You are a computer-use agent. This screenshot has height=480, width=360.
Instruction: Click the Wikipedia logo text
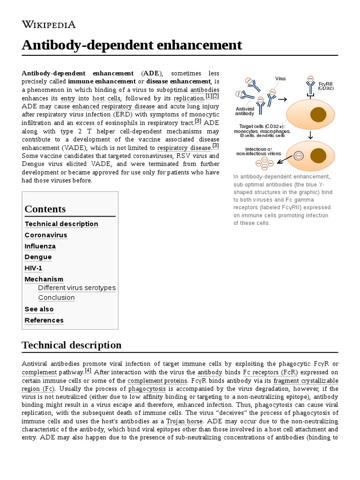(49, 24)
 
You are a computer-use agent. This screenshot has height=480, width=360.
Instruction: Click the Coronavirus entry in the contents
(46, 235)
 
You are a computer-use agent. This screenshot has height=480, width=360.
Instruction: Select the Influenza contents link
(40, 246)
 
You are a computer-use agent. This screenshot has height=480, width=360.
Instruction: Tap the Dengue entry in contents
(38, 257)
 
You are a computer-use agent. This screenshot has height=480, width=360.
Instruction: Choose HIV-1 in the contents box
(34, 268)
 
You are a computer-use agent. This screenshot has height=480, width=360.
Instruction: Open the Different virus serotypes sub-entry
(77, 288)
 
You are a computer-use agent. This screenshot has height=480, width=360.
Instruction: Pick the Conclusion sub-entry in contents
(57, 298)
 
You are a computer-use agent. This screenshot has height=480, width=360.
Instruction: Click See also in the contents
(39, 309)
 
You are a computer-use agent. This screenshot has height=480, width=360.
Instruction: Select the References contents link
(44, 320)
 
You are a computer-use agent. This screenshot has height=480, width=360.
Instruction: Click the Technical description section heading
(72, 345)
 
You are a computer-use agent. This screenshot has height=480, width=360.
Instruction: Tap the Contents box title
(45, 209)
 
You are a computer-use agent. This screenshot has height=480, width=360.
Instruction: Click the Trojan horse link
(184, 421)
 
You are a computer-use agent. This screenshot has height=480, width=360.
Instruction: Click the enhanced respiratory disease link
(113, 106)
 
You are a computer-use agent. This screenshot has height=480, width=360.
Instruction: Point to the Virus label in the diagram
(280, 79)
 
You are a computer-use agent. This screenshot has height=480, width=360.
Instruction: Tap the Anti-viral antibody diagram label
(245, 111)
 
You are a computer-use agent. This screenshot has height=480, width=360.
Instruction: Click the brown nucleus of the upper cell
(318, 114)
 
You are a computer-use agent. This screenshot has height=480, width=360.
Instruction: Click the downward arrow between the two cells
(310, 136)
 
